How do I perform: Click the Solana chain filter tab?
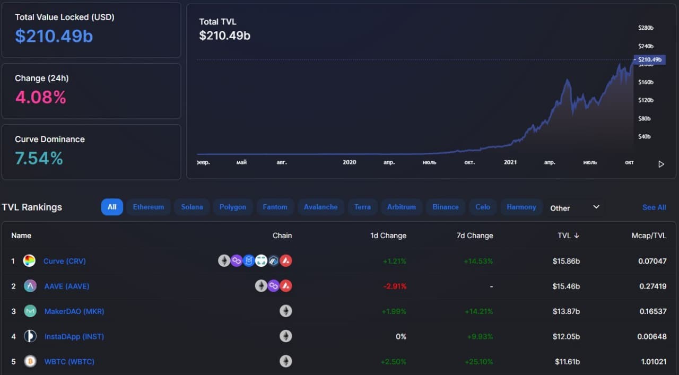pyautogui.click(x=192, y=207)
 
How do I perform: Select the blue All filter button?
pyautogui.click(x=112, y=207)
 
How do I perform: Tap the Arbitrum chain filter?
pyautogui.click(x=402, y=207)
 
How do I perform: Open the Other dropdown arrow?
pyautogui.click(x=596, y=207)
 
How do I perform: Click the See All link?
pyautogui.click(x=654, y=207)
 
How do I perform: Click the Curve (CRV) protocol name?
pyautogui.click(x=65, y=261)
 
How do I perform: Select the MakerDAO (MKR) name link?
pyautogui.click(x=74, y=311)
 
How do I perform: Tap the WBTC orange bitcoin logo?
pyautogui.click(x=30, y=361)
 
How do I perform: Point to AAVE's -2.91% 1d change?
pyautogui.click(x=395, y=286)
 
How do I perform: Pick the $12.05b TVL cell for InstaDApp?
pyautogui.click(x=566, y=336)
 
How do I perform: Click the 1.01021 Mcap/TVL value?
pyautogui.click(x=654, y=362)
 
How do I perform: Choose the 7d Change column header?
pyautogui.click(x=475, y=236)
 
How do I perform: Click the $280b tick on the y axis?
pyautogui.click(x=646, y=28)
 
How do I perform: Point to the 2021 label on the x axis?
pyautogui.click(x=510, y=162)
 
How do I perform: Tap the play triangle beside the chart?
pyautogui.click(x=661, y=164)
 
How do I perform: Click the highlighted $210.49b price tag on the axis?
pyautogui.click(x=649, y=59)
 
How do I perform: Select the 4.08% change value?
pyautogui.click(x=41, y=97)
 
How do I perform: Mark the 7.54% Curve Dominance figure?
pyautogui.click(x=39, y=158)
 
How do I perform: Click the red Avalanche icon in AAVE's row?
pyautogui.click(x=286, y=286)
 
